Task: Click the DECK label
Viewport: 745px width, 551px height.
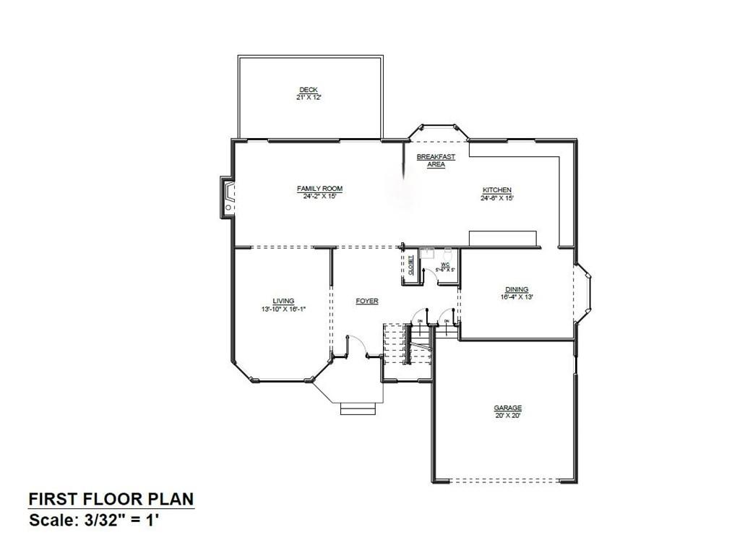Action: pos(309,90)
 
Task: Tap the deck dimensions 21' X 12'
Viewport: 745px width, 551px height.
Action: pos(309,97)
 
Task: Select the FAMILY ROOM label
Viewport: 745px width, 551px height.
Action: pos(319,189)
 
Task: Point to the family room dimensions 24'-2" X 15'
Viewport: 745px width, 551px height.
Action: pos(319,196)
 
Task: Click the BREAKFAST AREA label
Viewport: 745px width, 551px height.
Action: pos(436,161)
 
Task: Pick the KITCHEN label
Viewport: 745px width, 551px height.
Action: pos(497,190)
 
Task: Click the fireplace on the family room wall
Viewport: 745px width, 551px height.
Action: pos(228,198)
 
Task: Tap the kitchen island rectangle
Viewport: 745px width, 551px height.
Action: pos(503,239)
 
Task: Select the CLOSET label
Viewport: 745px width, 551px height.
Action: pos(410,266)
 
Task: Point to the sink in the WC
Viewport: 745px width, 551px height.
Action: pos(427,254)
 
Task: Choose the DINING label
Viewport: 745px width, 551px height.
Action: pos(517,289)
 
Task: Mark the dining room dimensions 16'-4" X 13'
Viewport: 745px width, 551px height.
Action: pos(517,296)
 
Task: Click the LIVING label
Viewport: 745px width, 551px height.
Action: pos(283,302)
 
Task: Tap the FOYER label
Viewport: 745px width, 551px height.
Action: pos(367,302)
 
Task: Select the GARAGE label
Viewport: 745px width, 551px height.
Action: pos(507,408)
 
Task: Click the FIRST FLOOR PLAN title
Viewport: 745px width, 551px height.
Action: pos(111,499)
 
